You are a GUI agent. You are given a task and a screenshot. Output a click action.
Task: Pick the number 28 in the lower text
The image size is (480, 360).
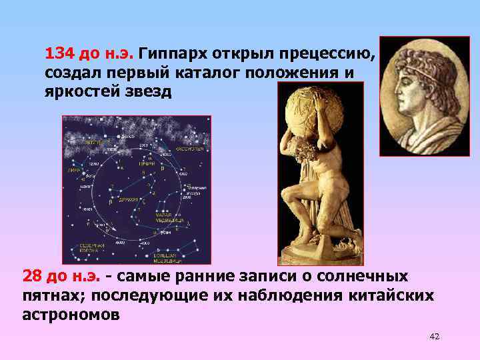(x=33, y=275)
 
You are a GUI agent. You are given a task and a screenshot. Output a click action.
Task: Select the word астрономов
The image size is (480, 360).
(x=71, y=314)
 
